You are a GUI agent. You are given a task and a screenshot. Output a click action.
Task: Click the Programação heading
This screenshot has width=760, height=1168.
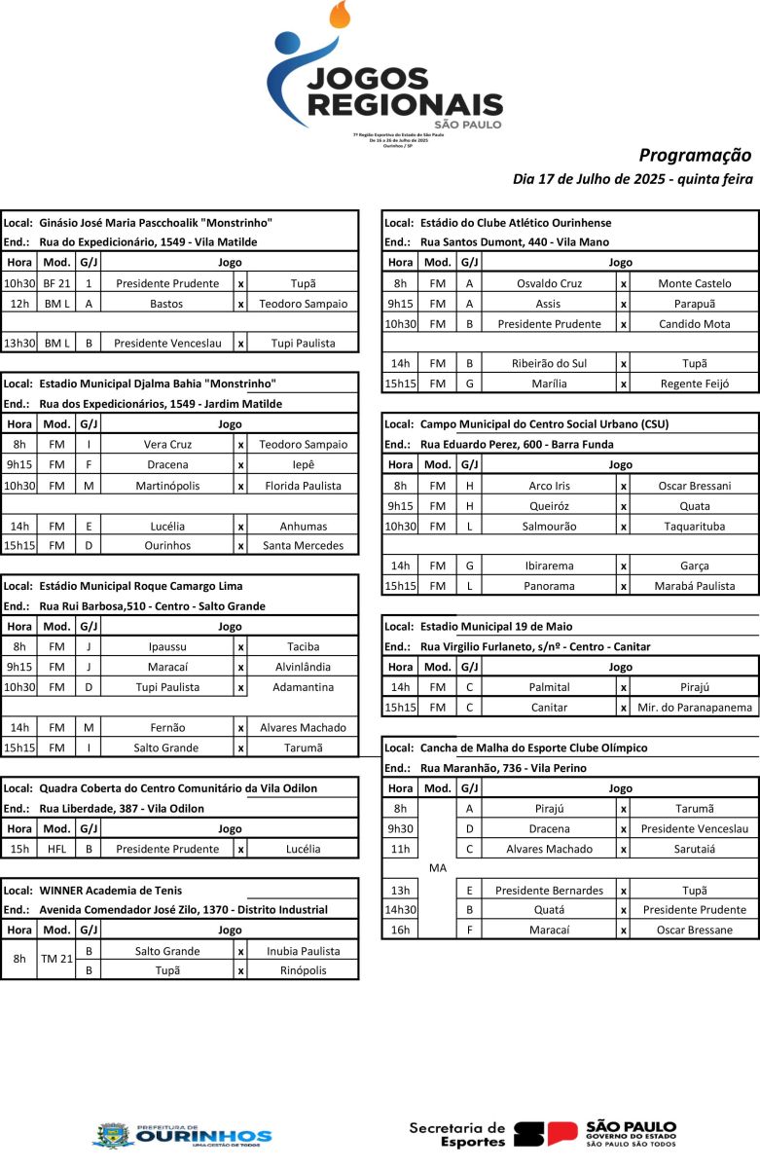tap(695, 155)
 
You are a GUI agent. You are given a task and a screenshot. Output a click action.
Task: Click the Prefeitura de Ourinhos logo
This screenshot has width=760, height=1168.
tap(182, 1135)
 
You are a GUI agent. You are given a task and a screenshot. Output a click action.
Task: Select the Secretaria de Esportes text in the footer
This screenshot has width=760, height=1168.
tap(457, 1134)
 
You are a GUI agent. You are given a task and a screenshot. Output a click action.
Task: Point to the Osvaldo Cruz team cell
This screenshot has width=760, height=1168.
tap(550, 283)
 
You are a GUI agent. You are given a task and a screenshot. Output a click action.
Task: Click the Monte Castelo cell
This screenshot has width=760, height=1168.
tap(694, 283)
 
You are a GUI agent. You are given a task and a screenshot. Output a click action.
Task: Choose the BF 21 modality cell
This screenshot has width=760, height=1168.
tap(56, 283)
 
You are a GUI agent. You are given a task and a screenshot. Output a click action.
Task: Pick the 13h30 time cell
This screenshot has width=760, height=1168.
tap(19, 343)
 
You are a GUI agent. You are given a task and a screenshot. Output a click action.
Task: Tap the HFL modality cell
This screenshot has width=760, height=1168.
tap(56, 849)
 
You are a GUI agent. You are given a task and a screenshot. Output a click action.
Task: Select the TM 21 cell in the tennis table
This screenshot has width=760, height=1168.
tap(56, 959)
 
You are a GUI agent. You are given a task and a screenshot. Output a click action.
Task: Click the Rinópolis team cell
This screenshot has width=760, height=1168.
tap(303, 970)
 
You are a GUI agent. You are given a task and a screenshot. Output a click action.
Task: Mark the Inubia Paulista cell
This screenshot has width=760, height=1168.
tap(303, 951)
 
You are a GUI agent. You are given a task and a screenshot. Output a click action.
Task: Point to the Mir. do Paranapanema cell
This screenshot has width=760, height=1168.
tap(694, 708)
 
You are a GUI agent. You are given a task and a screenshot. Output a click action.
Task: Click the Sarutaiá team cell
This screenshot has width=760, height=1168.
tap(694, 849)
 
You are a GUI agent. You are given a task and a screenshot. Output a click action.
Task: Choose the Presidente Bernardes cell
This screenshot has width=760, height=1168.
tap(550, 890)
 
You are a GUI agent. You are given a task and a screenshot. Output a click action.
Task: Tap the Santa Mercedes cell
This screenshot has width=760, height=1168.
tap(303, 545)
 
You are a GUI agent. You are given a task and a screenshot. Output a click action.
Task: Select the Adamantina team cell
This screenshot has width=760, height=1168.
tap(303, 687)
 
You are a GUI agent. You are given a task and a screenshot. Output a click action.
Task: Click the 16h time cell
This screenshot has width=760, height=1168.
tap(400, 930)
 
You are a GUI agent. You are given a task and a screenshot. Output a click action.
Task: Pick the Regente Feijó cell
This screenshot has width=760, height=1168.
tap(694, 383)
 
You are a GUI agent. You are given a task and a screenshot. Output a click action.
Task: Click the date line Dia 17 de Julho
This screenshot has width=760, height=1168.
tap(633, 179)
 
